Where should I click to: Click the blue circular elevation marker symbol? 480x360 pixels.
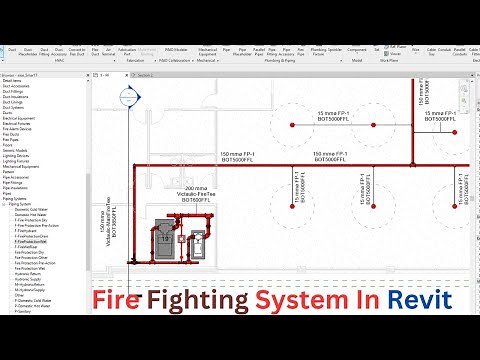(127, 97)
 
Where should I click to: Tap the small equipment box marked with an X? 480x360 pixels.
(198, 242)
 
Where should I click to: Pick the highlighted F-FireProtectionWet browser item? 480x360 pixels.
(36, 241)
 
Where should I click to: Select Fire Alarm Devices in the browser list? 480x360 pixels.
(26, 128)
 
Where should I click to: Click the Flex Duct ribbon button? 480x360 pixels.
(96, 50)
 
